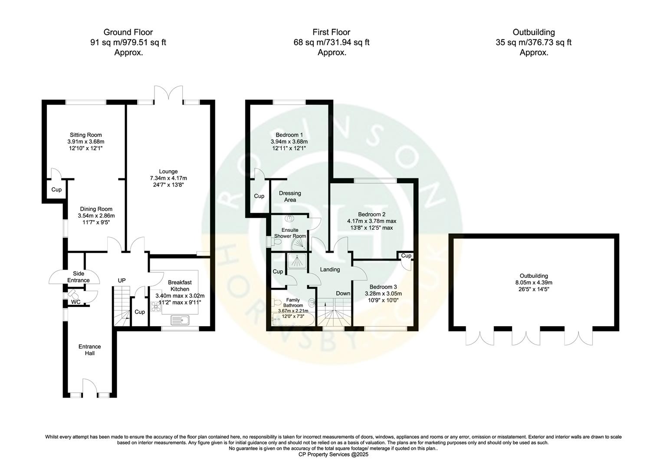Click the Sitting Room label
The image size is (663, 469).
pos(86,135)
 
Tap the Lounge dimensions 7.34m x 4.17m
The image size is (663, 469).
pos(168,178)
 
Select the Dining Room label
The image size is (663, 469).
pos(96,209)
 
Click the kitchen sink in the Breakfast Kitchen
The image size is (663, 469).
pos(181,321)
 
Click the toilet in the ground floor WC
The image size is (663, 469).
pos(72,294)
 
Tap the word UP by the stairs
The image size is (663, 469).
pos(122,281)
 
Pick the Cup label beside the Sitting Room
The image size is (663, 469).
pos(56,190)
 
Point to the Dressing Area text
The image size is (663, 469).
pos(290,196)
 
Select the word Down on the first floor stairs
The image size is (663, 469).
pos(343,294)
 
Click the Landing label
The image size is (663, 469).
pos(330,270)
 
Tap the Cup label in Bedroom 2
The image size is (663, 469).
pos(406,256)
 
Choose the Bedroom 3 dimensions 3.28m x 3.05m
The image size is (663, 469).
pos(383,294)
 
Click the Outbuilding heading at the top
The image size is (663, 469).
pos(533,32)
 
